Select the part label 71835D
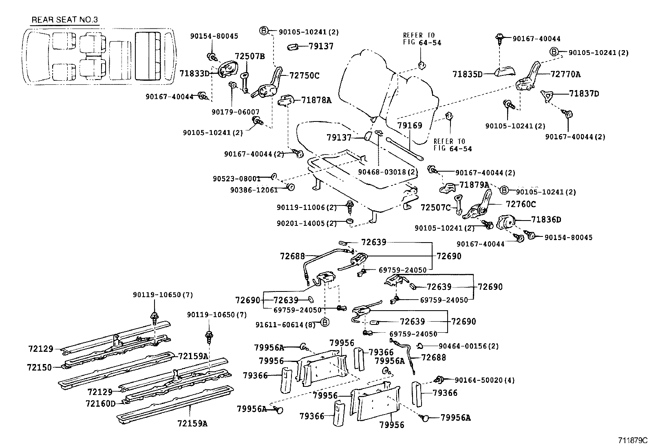(468, 74)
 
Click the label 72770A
(565, 74)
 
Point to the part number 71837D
(584, 94)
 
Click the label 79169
(410, 126)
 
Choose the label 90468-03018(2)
(388, 172)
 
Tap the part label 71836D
(546, 220)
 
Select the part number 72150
(40, 367)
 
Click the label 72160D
(101, 403)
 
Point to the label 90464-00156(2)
(468, 346)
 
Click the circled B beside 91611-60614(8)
(325, 322)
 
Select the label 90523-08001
(236, 179)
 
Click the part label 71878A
(316, 99)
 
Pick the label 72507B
(250, 56)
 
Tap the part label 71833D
(194, 73)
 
